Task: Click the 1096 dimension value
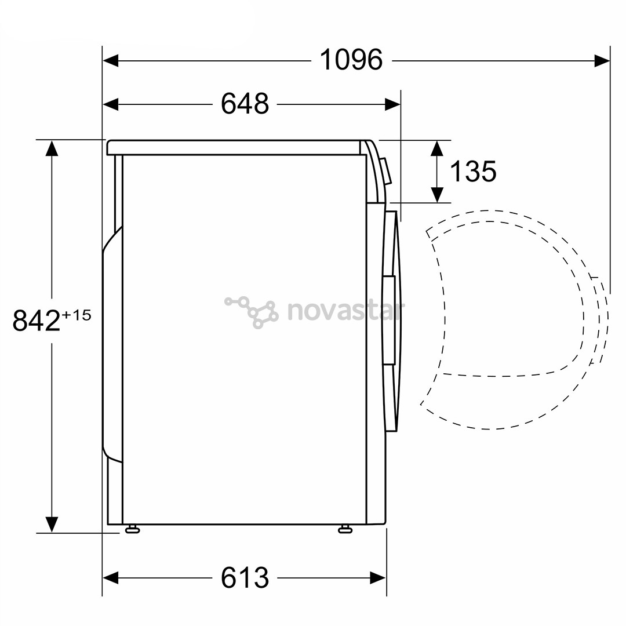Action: [x=351, y=60]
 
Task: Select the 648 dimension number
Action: [x=245, y=104]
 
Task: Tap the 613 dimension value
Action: [x=245, y=577]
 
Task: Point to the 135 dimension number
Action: [x=473, y=172]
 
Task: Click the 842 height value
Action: [x=37, y=321]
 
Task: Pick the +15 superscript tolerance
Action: [x=77, y=315]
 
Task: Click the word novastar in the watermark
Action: [x=345, y=311]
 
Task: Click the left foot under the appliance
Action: [x=132, y=529]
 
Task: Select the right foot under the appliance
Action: [x=345, y=529]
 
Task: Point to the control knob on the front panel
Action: [x=386, y=171]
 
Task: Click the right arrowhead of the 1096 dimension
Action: [x=603, y=60]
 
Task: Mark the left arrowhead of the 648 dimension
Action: [x=110, y=104]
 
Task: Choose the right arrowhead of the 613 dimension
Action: [x=379, y=577]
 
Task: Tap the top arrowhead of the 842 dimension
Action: [x=52, y=148]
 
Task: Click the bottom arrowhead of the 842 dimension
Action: [x=52, y=524]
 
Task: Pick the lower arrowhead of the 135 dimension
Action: [x=437, y=195]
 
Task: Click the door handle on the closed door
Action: [x=389, y=320]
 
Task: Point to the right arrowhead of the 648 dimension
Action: [x=393, y=104]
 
